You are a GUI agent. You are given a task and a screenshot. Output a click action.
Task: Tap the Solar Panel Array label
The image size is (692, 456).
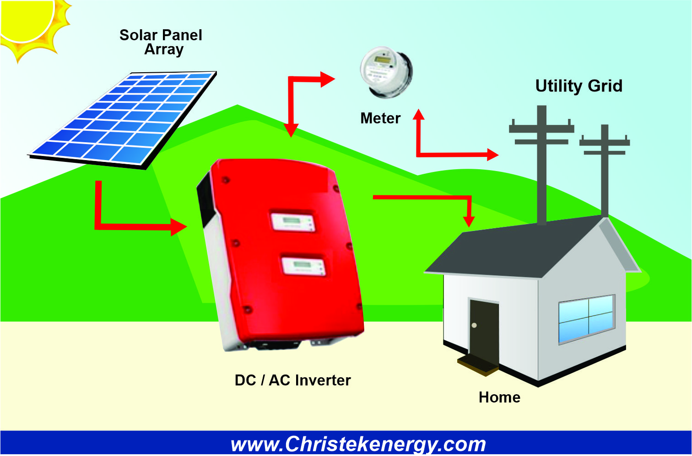pyautogui.click(x=161, y=42)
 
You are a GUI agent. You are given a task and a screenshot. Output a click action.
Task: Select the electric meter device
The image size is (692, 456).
pyautogui.click(x=386, y=72)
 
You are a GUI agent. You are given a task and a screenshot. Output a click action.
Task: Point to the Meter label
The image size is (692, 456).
pyautogui.click(x=380, y=118)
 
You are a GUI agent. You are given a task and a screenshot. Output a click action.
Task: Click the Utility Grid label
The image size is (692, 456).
pyautogui.click(x=578, y=86)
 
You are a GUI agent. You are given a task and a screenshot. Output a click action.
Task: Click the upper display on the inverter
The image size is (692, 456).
pyautogui.click(x=292, y=222)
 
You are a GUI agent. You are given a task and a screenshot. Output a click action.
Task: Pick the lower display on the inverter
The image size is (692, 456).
pyautogui.click(x=303, y=266)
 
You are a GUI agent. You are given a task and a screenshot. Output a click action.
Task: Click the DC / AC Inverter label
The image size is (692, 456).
pyautogui.click(x=292, y=381)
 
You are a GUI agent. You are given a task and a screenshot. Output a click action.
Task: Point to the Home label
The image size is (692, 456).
pyautogui.click(x=499, y=397)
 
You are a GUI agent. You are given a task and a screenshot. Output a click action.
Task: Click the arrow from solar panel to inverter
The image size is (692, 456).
pyautogui.click(x=133, y=225)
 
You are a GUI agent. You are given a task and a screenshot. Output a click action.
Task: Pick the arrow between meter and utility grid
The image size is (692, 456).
pyautogui.click(x=453, y=154)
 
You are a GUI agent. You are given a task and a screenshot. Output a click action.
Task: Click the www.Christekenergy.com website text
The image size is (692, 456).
pyautogui.click(x=358, y=444)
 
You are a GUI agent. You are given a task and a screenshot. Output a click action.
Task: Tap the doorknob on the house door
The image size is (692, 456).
pyautogui.click(x=474, y=326)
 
